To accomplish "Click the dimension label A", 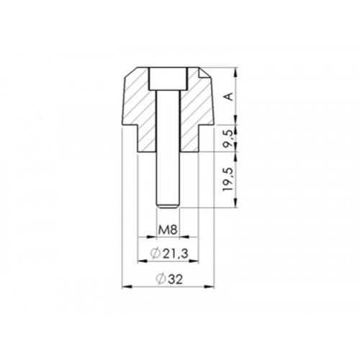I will click(x=229, y=96).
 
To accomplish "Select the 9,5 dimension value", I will click(x=229, y=137).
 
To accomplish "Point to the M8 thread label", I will click(x=168, y=232).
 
